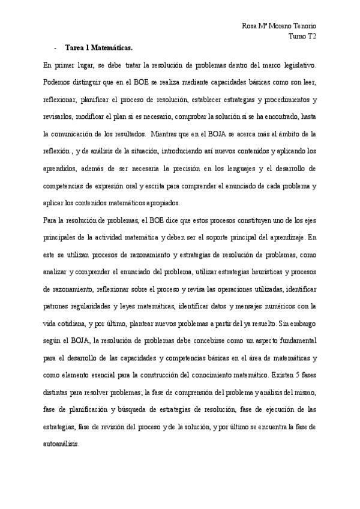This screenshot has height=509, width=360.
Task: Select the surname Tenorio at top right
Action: click(304, 26)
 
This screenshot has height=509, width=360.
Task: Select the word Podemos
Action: click(59, 80)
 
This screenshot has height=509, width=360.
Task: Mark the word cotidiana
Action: click(68, 324)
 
